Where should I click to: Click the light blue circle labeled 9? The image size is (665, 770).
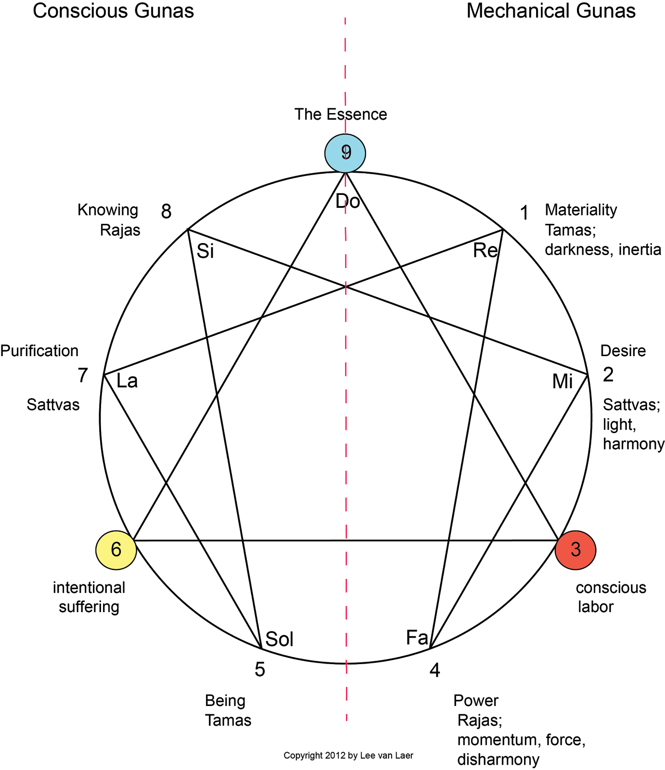coord(345,153)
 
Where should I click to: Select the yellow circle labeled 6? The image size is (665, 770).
coord(116,550)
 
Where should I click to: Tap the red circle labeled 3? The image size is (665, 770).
coord(575,550)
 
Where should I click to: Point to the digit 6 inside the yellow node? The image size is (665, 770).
coord(116,549)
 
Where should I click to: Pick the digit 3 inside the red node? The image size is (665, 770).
coord(575,549)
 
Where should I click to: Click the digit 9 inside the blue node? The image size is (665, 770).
coord(346,152)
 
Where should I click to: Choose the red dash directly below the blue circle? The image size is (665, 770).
coord(345,180)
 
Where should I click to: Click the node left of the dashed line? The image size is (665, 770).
coord(116,550)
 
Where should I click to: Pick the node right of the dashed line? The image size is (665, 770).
coord(575,550)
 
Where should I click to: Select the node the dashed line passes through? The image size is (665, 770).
coord(345,153)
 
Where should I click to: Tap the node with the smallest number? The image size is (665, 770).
coord(575,550)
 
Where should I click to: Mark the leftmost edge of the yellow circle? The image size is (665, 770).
coord(97,550)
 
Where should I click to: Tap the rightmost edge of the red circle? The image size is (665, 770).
coord(595,550)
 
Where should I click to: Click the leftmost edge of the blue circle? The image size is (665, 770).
coord(326,153)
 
